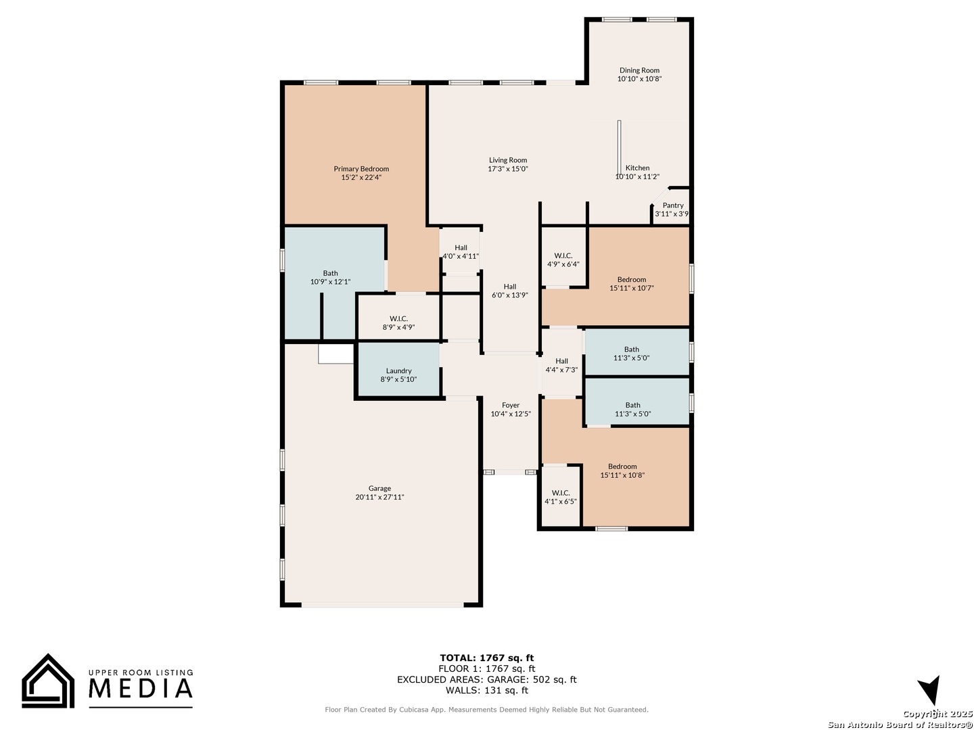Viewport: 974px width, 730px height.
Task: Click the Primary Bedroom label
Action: click(x=361, y=168)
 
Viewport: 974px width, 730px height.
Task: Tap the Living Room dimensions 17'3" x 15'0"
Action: click(x=508, y=168)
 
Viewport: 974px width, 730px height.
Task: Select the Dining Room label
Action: click(x=639, y=70)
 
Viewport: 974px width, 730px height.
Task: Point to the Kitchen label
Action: click(x=637, y=168)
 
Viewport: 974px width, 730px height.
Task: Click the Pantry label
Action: click(x=673, y=205)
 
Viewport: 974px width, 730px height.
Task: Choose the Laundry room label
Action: click(x=398, y=370)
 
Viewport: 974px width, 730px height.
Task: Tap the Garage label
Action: click(x=379, y=488)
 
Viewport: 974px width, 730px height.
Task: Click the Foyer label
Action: click(x=510, y=405)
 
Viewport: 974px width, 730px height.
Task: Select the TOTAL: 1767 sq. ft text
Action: click(x=487, y=658)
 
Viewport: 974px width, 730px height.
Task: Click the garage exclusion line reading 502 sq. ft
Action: click(x=487, y=679)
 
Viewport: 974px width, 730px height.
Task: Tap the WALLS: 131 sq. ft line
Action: click(x=487, y=690)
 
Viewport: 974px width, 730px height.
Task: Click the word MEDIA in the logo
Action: click(x=141, y=688)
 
